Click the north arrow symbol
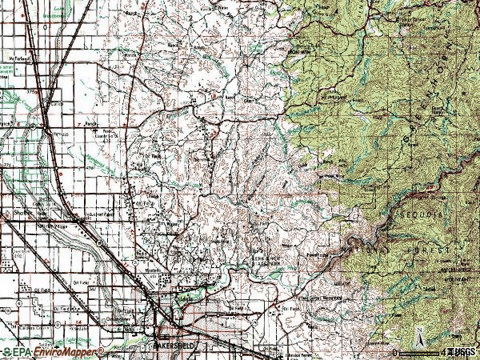click(418, 335)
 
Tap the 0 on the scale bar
click(395, 351)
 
